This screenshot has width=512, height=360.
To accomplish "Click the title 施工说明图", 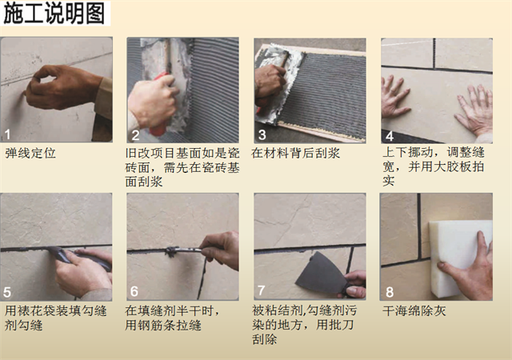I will point(54,14).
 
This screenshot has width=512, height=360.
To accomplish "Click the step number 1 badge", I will point(8,134).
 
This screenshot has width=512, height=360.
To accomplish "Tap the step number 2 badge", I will point(134,134).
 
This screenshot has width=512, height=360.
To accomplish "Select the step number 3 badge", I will point(262,134).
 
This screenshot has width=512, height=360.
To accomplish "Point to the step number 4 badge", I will point(389,134).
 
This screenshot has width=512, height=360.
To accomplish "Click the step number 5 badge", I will point(8,292).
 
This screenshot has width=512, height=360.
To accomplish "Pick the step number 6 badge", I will point(134,292).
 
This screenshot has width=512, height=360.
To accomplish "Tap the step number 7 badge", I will point(262,292).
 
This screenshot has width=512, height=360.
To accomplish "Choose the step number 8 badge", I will point(389,292).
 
